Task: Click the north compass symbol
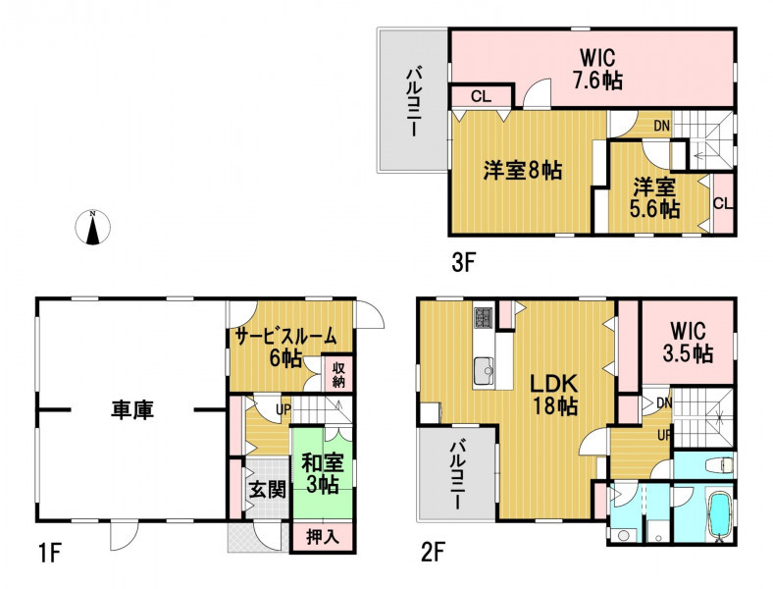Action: coord(92,228)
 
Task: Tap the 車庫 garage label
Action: coord(131,409)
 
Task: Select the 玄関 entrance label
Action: coord(267,490)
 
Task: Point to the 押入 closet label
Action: coord(323,537)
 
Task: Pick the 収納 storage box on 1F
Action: coord(337,374)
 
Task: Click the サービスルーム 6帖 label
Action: coord(285,348)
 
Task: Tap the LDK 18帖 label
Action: coord(554,395)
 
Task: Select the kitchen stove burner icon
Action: coord(483,317)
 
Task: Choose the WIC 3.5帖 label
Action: coord(688,342)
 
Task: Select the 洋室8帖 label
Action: coord(522,171)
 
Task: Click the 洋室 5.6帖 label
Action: coord(654,198)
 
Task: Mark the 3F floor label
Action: coord(462,264)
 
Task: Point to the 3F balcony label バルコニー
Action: coord(413,102)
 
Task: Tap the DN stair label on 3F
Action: coord(661,126)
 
